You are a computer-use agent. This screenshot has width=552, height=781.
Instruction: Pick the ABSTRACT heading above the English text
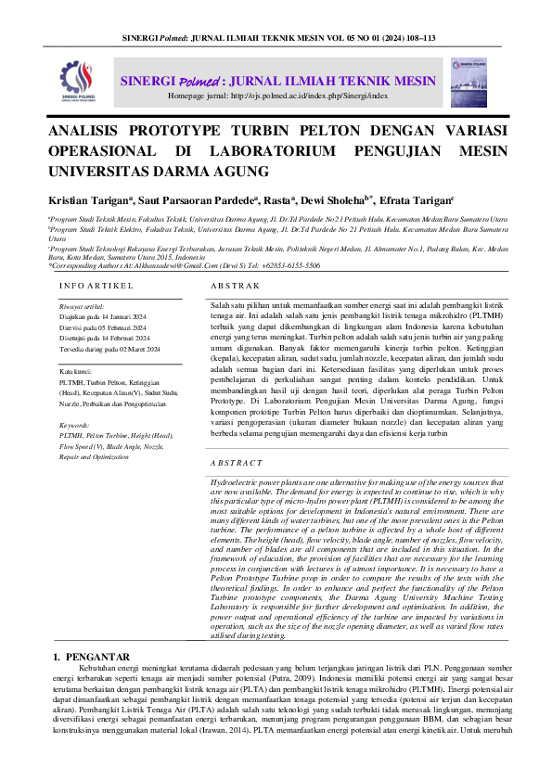coord(236,462)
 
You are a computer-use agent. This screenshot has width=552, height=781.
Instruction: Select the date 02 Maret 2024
coord(113,348)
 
